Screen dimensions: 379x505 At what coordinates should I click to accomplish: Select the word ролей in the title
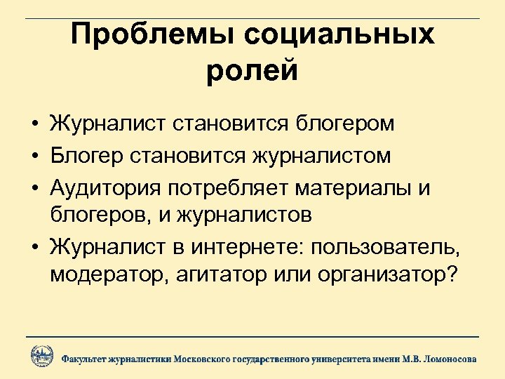tap(252, 71)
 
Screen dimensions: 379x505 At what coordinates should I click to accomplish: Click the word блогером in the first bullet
tap(343, 124)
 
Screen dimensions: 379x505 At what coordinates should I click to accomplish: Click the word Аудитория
tap(103, 187)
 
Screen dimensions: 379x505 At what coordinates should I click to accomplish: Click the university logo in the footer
tap(41, 357)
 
